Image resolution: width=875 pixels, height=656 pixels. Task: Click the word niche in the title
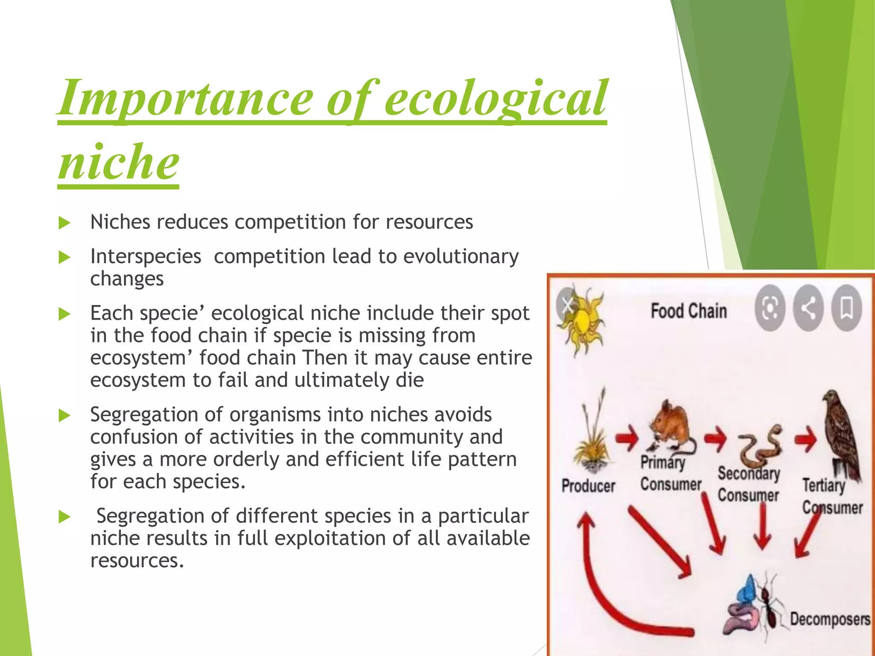(x=119, y=162)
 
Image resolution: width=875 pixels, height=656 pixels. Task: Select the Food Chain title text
(x=688, y=311)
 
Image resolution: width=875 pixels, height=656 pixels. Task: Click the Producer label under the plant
(x=588, y=486)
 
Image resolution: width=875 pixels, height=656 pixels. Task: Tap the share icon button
(x=808, y=308)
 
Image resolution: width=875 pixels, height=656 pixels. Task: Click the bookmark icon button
(x=846, y=308)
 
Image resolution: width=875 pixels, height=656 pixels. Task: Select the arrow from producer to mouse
(x=627, y=439)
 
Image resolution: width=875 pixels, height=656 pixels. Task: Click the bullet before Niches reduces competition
(x=64, y=223)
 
